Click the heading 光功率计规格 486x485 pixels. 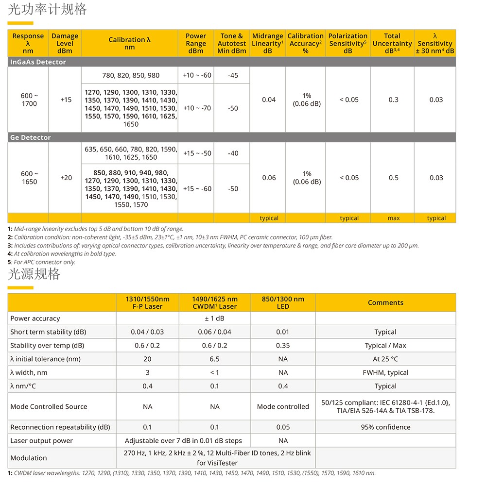coord(47,9)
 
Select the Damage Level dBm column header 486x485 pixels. coord(65,43)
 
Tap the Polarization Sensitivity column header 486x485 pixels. coord(347,43)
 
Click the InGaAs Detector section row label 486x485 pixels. coord(38,62)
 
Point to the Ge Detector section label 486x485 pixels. coord(30,138)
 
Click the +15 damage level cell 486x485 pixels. coord(66,100)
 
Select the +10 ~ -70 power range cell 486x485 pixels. coord(197,108)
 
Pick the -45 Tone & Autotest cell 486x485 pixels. coord(233,75)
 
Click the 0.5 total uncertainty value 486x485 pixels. coord(393,178)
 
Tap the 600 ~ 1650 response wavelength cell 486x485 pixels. coord(29,178)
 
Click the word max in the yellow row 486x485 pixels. coord(394,218)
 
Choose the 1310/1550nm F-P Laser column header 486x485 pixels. coord(147,302)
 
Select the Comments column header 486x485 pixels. coord(385,302)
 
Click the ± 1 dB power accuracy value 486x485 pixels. coord(214,318)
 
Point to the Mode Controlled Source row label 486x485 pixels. coord(49,406)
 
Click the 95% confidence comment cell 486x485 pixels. coord(385,427)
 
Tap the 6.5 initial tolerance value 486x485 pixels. coord(214,359)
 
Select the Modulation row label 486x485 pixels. coord(29,458)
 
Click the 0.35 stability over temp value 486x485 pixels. coord(282,346)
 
